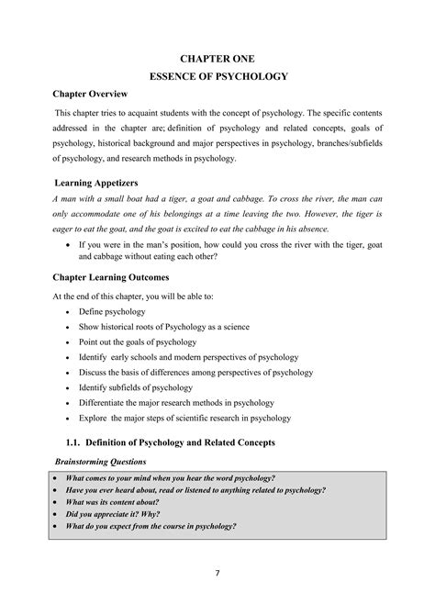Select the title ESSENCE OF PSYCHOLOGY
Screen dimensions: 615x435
click(218, 77)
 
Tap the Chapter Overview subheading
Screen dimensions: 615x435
click(90, 96)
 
